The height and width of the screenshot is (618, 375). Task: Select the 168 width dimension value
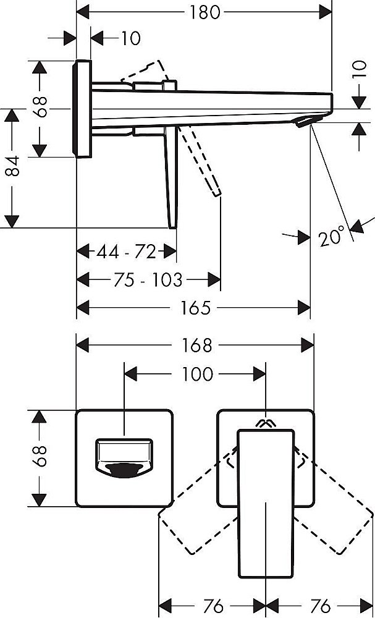pyautogui.click(x=197, y=345)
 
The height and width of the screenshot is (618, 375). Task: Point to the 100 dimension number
pyautogui.click(x=197, y=374)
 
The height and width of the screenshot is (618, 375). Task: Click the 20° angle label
pyautogui.click(x=332, y=237)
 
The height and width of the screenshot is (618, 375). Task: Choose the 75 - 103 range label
pyautogui.click(x=148, y=281)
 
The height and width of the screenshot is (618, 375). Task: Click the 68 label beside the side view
pyautogui.click(x=41, y=109)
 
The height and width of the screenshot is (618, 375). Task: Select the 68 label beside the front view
pyautogui.click(x=41, y=457)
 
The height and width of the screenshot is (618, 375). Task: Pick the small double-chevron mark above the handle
pyautogui.click(x=266, y=424)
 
